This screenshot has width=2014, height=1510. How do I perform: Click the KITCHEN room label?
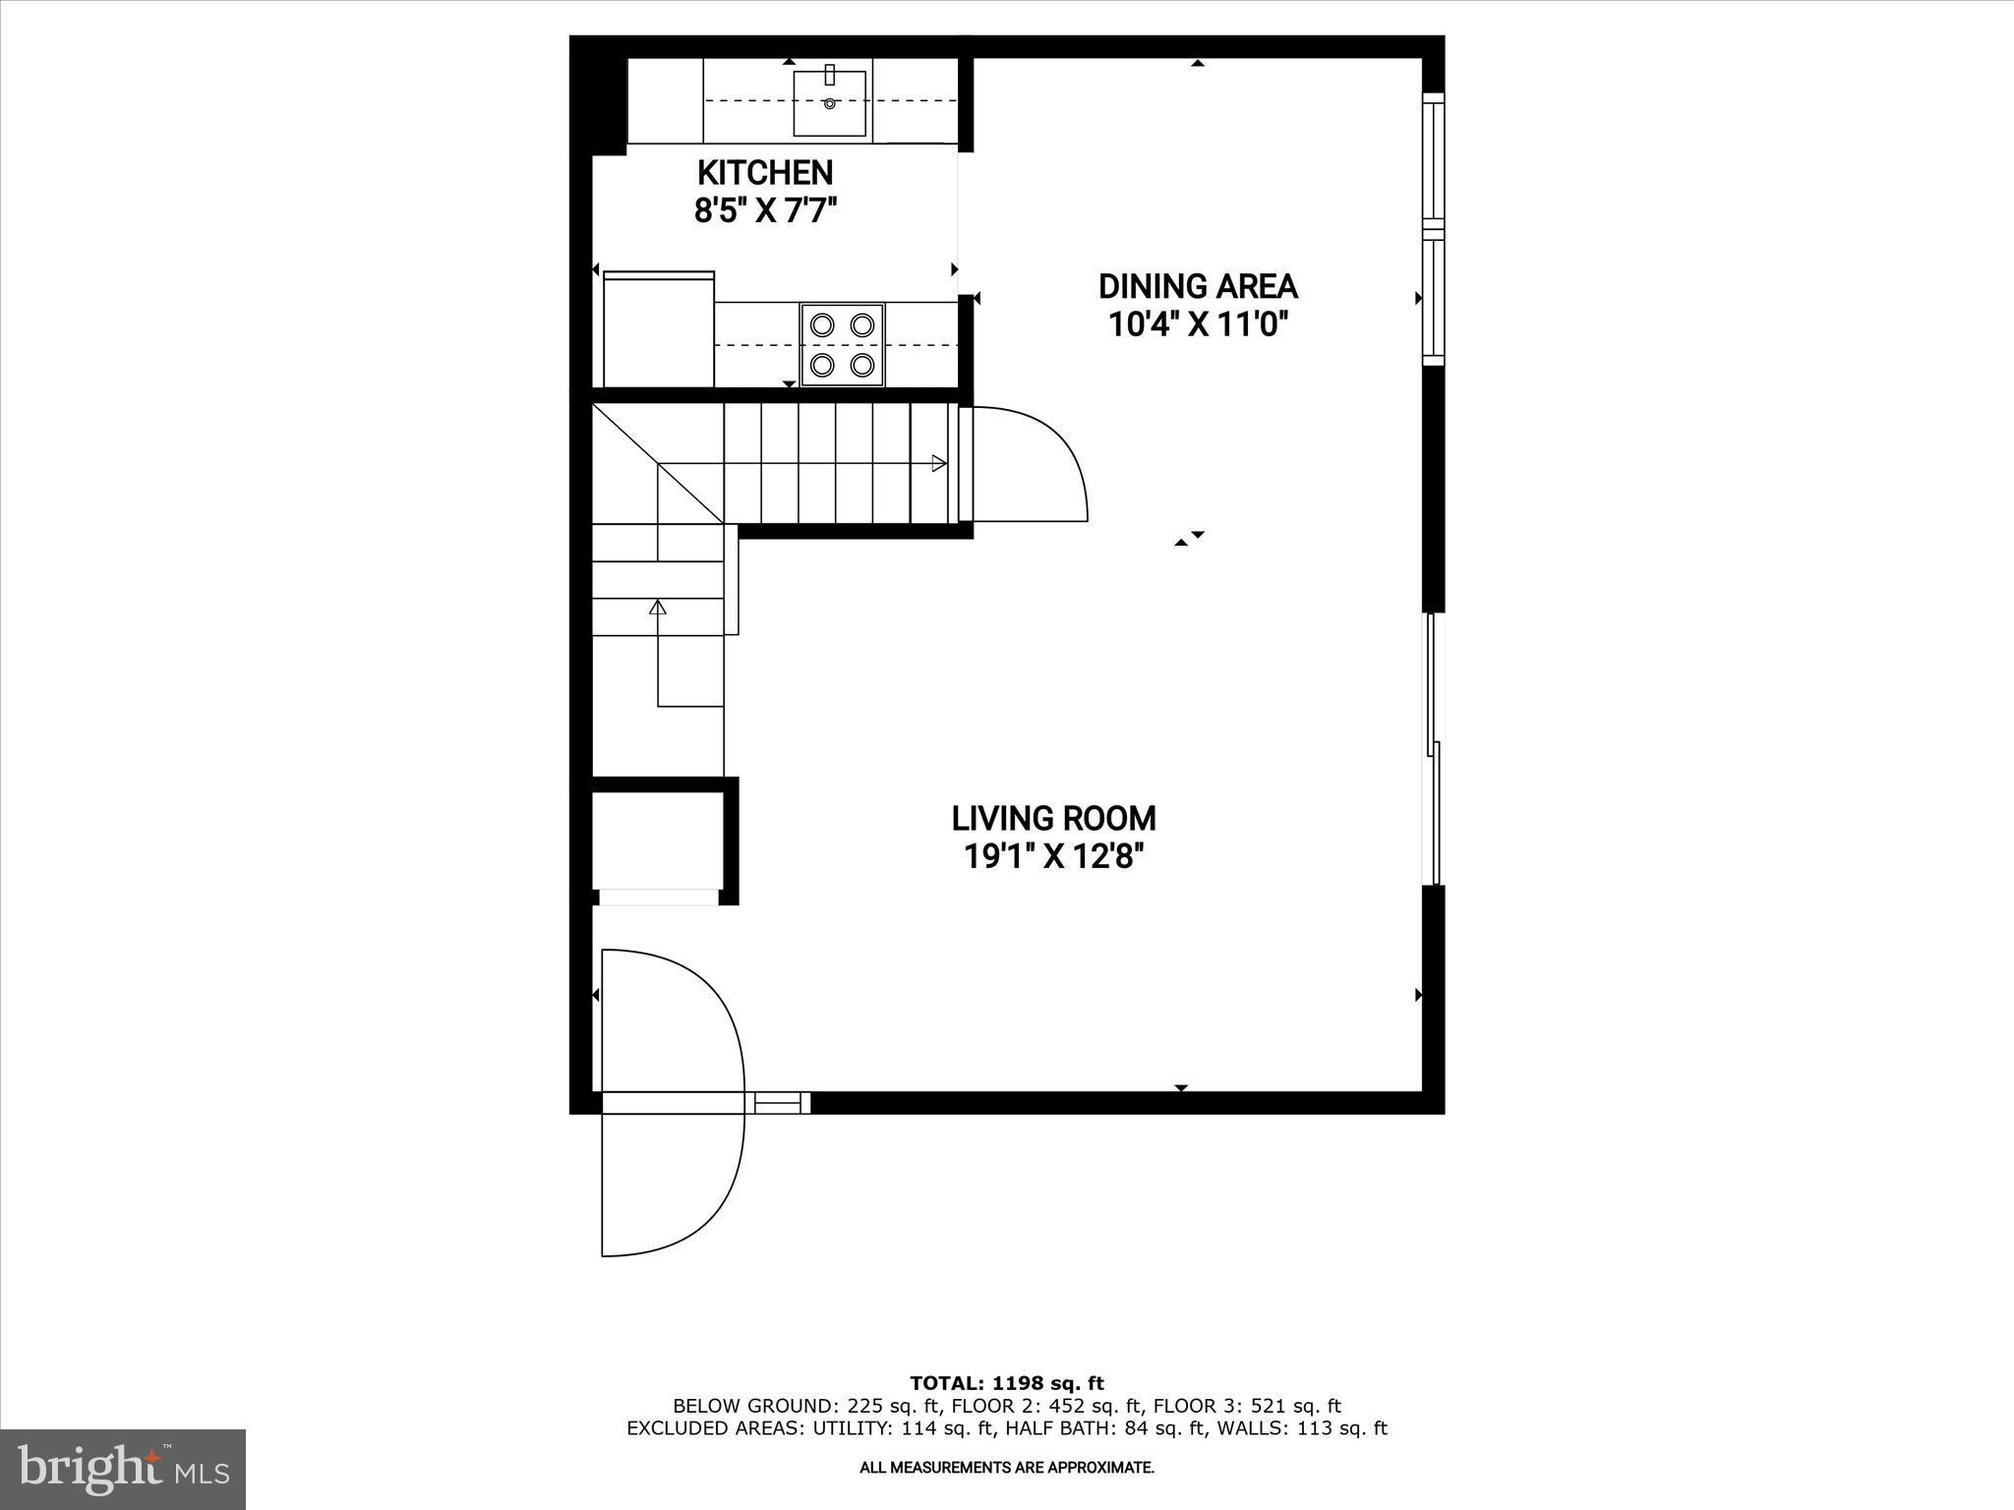tap(765, 173)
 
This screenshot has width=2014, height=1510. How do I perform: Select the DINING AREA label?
tap(1198, 287)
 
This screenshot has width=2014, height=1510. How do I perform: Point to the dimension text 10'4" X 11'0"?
tap(1198, 324)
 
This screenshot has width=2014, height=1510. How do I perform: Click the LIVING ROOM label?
tap(1053, 819)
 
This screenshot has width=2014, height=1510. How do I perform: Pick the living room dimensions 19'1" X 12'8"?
tap(1053, 857)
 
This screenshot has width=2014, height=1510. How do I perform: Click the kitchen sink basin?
tap(830, 103)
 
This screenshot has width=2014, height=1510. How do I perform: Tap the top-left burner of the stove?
tap(823, 324)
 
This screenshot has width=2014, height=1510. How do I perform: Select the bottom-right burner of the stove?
tap(862, 365)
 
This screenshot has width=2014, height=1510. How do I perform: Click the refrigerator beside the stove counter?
tap(658, 331)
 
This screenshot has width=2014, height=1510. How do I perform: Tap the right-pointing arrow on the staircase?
tap(939, 464)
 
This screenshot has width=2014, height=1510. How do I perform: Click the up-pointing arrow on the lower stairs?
tap(658, 609)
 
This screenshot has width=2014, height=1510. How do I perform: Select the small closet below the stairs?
tap(658, 842)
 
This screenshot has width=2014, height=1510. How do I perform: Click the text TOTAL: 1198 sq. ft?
tap(1007, 1383)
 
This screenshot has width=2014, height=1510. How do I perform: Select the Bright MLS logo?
tap(123, 1469)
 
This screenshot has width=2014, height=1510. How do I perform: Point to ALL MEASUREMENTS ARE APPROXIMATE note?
tap(1007, 1468)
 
